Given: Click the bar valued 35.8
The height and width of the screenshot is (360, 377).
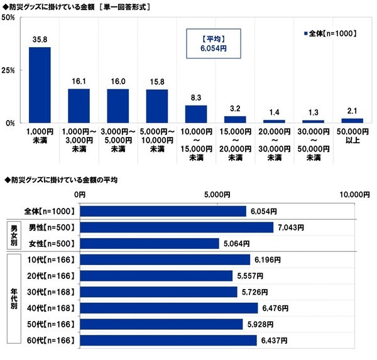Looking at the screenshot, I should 40,85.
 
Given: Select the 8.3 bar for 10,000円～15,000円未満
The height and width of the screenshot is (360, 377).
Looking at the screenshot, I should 196,114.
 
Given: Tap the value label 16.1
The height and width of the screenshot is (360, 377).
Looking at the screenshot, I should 79,82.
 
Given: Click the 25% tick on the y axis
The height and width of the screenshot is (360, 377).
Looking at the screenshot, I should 9,70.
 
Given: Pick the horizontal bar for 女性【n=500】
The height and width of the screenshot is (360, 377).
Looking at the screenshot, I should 149,243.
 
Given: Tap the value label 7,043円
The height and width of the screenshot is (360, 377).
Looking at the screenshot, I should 291,227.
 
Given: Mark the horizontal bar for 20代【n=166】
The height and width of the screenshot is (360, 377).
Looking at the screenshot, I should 156,276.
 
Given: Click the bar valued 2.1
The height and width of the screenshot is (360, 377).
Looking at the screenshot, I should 352,120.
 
